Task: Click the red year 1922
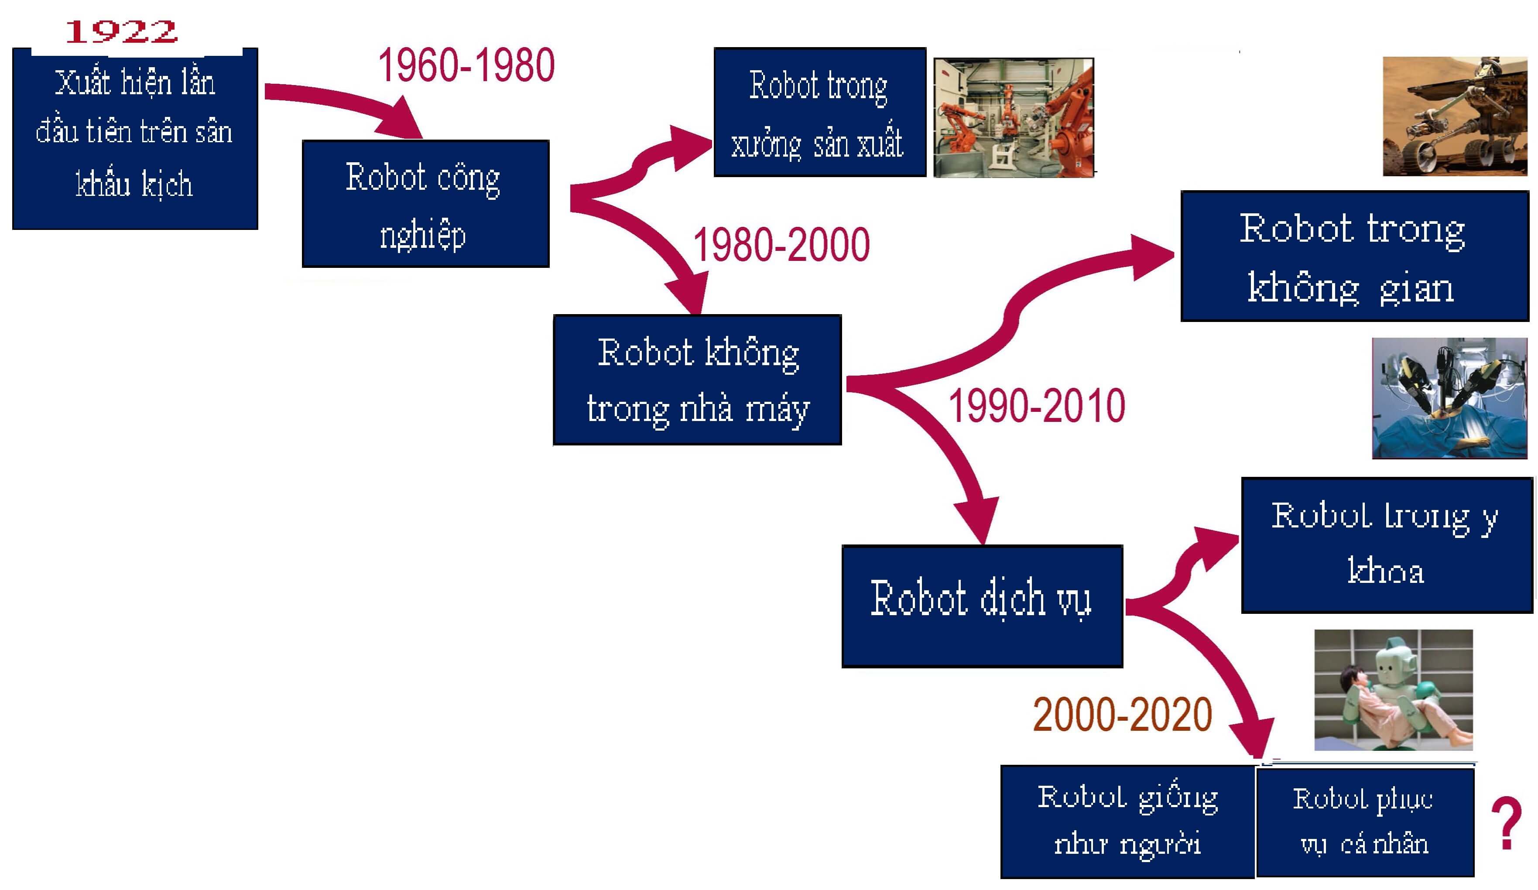tap(121, 32)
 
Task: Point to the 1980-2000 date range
tap(781, 244)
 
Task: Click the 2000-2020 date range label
tap(1122, 714)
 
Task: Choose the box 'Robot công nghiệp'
tap(425, 204)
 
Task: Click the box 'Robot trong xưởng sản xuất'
tap(820, 112)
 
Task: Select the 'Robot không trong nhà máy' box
tap(697, 380)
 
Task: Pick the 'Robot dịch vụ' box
tap(982, 606)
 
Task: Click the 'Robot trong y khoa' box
tap(1387, 545)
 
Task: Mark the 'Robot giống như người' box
tap(1127, 822)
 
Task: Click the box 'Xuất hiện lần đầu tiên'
tap(135, 139)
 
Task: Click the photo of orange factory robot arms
tap(1014, 118)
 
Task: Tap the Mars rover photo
tap(1455, 116)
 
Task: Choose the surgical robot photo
tap(1449, 398)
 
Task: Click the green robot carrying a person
tap(1393, 690)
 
